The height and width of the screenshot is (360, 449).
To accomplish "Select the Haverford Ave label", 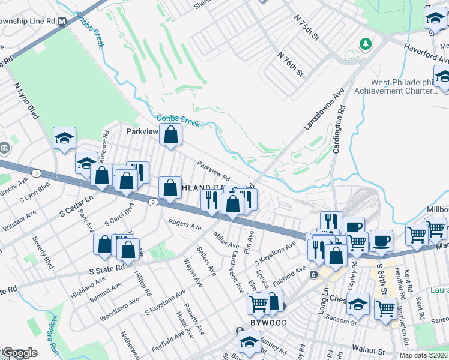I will click(426, 53).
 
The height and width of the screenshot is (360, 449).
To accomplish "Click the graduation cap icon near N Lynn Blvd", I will click(64, 137).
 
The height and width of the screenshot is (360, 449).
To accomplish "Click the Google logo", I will click(19, 353).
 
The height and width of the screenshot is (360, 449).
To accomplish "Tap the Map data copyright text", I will click(423, 355).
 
